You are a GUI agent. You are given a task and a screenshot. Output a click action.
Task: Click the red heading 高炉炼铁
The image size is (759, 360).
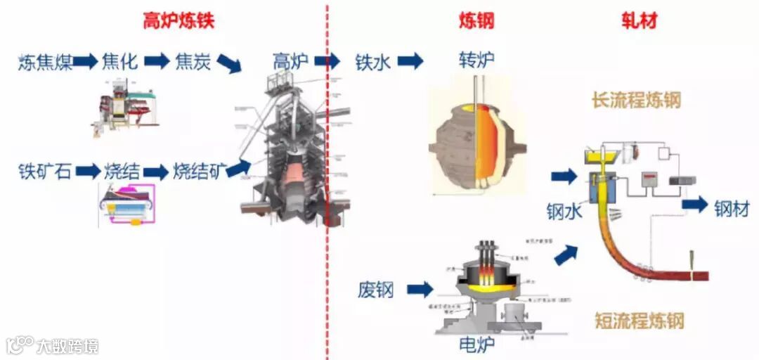[179, 21]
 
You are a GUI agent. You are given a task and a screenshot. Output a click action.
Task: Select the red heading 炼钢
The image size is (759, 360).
[477, 21]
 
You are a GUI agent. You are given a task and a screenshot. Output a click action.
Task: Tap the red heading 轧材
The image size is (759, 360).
[639, 21]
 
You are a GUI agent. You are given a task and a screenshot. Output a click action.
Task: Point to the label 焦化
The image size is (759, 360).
[119, 62]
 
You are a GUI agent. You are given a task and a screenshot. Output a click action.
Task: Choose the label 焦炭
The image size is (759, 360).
[193, 62]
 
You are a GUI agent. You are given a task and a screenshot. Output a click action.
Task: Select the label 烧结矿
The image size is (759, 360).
[199, 171]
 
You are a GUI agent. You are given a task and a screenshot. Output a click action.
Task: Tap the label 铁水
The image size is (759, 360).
[372, 62]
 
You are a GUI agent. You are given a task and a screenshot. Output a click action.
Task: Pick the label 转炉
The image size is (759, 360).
[476, 60]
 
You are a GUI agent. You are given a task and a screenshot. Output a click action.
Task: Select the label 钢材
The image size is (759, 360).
[732, 208]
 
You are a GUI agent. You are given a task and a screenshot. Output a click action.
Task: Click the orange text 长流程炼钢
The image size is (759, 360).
[637, 101]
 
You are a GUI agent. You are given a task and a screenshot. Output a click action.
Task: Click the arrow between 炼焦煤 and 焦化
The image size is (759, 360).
[85, 62]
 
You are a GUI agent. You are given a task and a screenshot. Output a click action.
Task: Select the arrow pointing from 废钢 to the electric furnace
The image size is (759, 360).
[420, 289]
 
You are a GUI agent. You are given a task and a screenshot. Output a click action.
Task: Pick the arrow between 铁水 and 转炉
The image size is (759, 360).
[410, 61]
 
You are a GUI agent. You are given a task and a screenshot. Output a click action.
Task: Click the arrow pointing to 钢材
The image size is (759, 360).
[695, 205]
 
